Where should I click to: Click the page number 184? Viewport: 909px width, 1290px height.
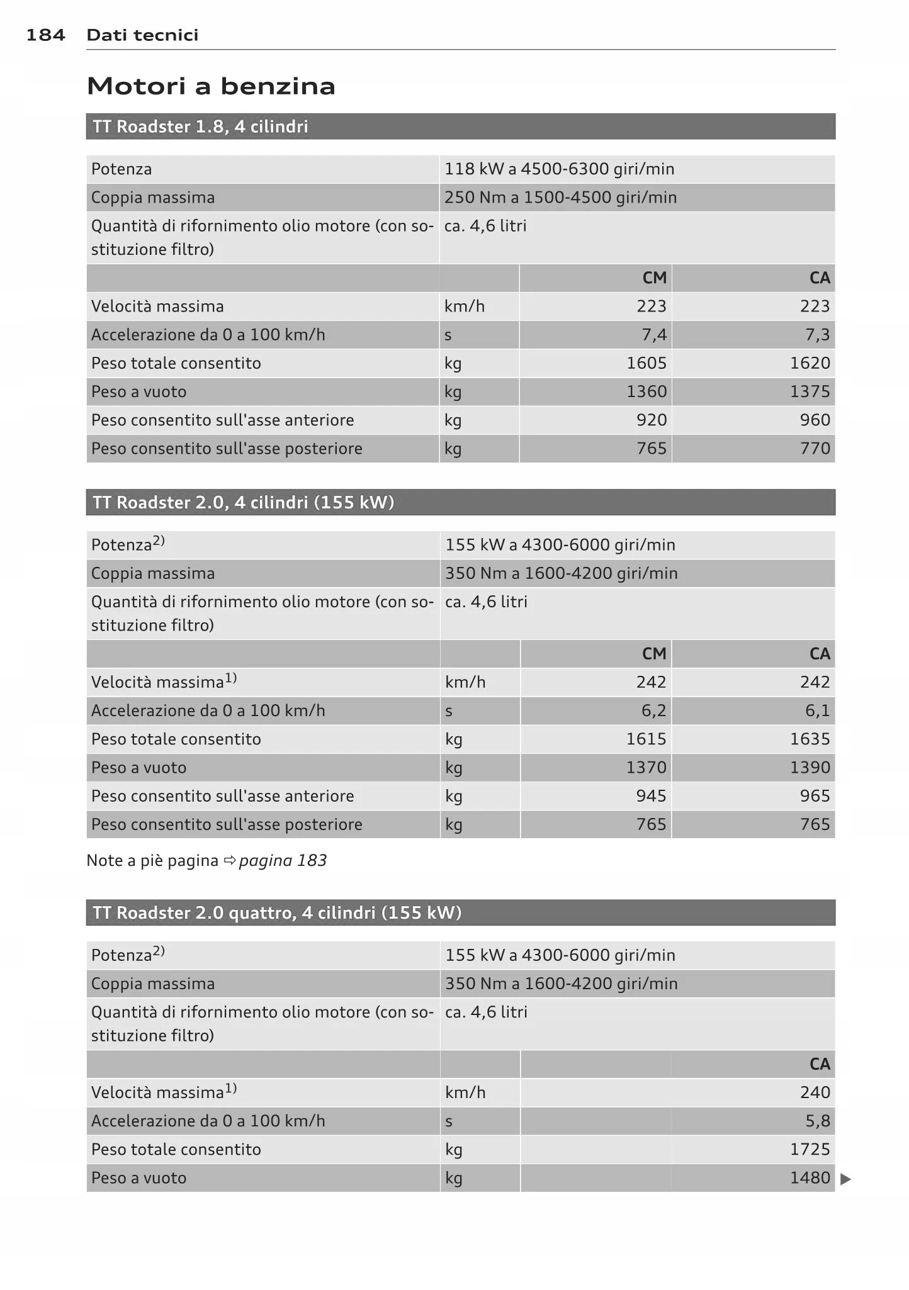(x=45, y=35)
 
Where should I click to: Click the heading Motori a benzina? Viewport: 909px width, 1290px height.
(x=211, y=86)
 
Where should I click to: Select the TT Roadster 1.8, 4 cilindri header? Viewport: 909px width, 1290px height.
(x=200, y=127)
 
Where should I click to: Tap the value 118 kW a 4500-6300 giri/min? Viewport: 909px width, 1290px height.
(x=559, y=169)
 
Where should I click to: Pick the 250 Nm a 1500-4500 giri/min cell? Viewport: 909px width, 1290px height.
(x=560, y=198)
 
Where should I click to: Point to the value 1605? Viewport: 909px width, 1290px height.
(x=646, y=363)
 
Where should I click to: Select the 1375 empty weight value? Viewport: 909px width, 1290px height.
(x=810, y=391)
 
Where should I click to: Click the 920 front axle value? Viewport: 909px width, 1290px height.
(x=651, y=420)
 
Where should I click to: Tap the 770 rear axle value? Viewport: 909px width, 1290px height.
(x=815, y=449)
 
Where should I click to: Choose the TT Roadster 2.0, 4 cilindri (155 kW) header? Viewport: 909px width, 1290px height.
(x=243, y=503)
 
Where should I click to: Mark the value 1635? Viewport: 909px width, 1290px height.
(x=810, y=739)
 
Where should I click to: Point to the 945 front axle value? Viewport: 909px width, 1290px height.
(x=651, y=796)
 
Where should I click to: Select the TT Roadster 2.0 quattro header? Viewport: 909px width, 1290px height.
(x=277, y=913)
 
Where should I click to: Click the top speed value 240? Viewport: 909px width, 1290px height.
(x=815, y=1092)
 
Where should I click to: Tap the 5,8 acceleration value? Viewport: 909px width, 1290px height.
(x=817, y=1121)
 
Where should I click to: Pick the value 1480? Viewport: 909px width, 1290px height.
(x=810, y=1178)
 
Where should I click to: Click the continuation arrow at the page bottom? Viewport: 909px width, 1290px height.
(x=845, y=1179)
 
